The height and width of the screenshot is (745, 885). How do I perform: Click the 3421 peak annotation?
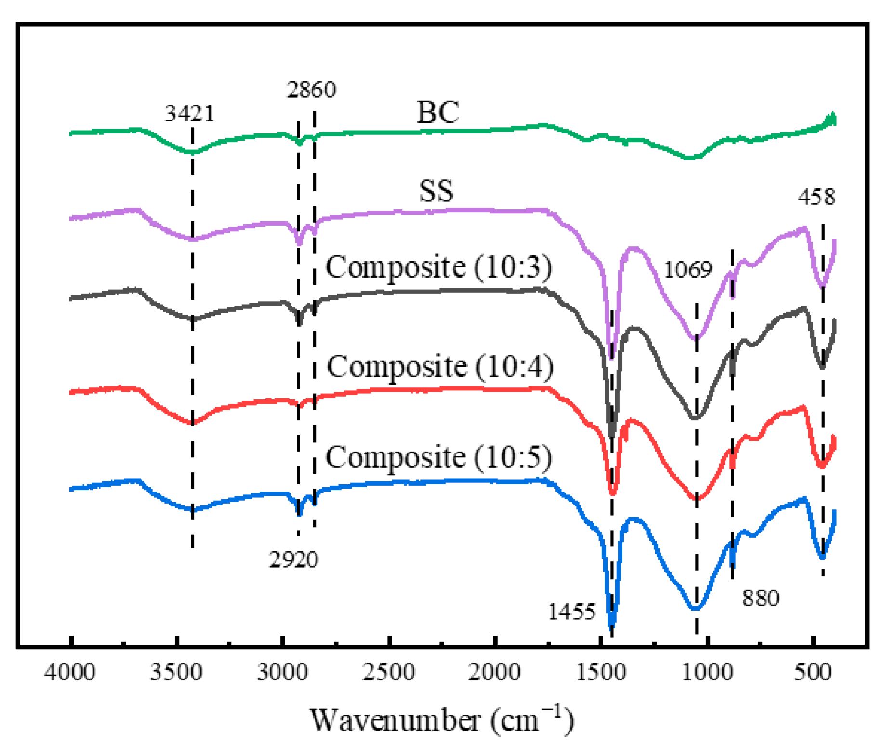[189, 114]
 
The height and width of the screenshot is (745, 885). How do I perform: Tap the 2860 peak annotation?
[311, 90]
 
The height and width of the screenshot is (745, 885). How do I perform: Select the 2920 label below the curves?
[293, 559]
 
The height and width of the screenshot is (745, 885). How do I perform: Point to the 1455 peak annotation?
[572, 612]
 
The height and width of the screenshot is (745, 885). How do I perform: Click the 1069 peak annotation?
[687, 269]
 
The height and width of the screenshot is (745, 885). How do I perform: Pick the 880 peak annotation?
[760, 598]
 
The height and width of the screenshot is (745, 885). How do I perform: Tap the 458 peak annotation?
[816, 197]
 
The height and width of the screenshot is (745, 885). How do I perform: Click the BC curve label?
[437, 112]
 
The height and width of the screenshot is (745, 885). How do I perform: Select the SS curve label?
[436, 190]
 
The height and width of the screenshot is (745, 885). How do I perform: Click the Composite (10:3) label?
[438, 266]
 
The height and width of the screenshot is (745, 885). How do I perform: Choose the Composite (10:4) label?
[439, 366]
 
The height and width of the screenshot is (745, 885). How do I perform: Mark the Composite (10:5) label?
[438, 456]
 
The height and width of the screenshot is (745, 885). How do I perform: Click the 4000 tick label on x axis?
[70, 672]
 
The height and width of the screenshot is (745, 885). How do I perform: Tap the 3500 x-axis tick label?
[176, 672]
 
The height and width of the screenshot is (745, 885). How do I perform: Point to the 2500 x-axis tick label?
[388, 672]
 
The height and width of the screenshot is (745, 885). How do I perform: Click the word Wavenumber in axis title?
[395, 720]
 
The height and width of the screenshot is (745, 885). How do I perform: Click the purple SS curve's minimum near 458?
[822, 286]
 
